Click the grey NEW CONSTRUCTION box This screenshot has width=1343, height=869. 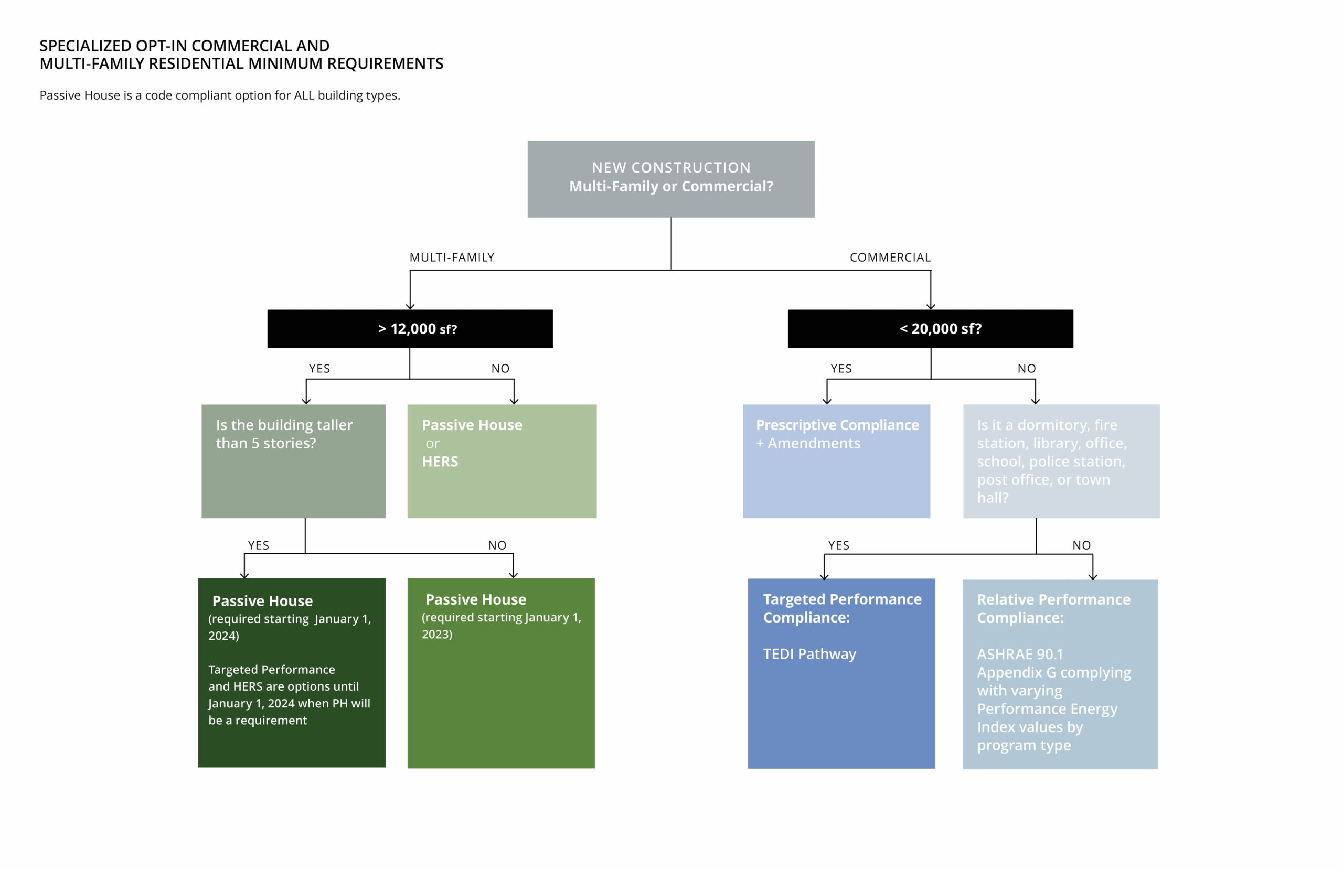pos(671,179)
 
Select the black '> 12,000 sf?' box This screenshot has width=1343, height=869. pos(410,328)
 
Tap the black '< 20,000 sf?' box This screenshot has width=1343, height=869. pos(931,328)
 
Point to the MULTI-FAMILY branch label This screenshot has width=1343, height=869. pos(452,258)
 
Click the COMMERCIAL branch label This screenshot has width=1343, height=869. pos(890,258)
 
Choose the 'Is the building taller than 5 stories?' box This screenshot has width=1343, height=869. pos(293,461)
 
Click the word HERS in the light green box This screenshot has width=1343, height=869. pos(440,462)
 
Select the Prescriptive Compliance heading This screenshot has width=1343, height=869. pos(837,425)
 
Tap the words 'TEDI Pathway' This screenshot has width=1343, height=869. pos(810,654)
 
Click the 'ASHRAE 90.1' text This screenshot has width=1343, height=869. pos(1020,654)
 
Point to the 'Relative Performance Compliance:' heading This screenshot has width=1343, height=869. pos(1053,608)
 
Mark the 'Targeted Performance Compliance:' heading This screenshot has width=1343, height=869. pos(843,608)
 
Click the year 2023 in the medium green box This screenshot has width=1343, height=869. pos(437,634)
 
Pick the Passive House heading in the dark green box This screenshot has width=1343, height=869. pos(262,601)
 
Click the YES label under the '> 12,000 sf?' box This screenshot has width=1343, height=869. pos(319,369)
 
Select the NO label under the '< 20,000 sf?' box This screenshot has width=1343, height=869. pos(1027,369)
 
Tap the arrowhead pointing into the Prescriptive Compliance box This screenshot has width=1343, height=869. pos(827,401)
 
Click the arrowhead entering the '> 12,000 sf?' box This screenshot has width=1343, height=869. pos(410,306)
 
